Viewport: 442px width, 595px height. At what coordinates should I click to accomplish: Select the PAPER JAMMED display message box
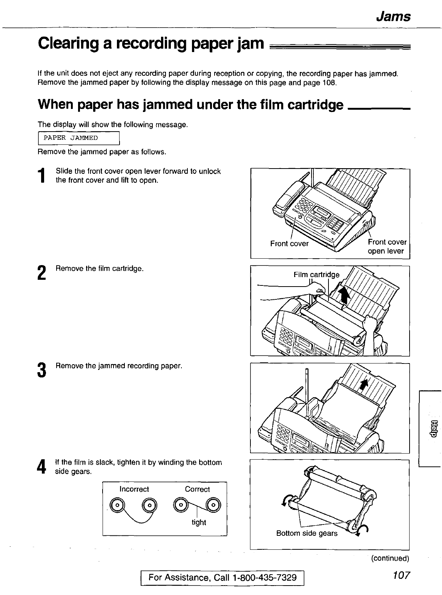pyautogui.click(x=79, y=138)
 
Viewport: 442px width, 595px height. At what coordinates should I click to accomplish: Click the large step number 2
pyautogui.click(x=42, y=273)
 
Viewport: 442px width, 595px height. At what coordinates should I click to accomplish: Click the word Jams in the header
pyautogui.click(x=393, y=17)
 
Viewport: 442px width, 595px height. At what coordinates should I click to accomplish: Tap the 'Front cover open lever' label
pyautogui.click(x=387, y=247)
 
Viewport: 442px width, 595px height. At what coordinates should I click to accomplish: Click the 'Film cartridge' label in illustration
pyautogui.click(x=316, y=274)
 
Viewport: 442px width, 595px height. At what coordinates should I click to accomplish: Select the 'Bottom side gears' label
pyautogui.click(x=307, y=533)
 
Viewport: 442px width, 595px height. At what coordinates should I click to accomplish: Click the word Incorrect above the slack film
pyautogui.click(x=134, y=489)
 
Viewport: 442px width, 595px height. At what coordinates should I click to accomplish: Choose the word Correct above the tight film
pyautogui.click(x=197, y=489)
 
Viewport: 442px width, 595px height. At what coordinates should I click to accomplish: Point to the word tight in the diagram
pyautogui.click(x=199, y=522)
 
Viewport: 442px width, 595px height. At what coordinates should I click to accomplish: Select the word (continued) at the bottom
pyautogui.click(x=390, y=558)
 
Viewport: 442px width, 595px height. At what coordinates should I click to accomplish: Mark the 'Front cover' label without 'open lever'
pyautogui.click(x=289, y=244)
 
